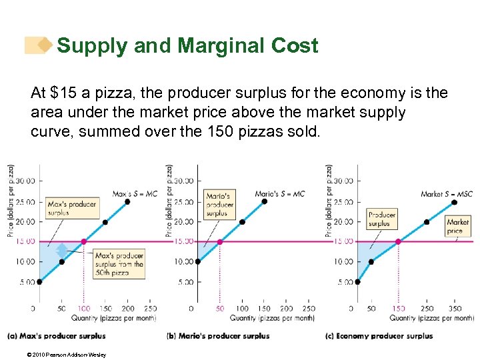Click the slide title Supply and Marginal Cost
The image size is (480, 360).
point(187,46)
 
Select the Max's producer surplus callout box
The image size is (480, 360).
point(72,208)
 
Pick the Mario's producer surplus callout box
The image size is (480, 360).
point(220,205)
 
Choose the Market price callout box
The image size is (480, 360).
point(458,226)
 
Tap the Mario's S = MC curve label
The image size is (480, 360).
point(279,194)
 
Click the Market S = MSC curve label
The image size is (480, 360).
point(447,194)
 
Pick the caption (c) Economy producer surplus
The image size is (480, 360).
point(379,335)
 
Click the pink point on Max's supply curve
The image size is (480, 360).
point(83,241)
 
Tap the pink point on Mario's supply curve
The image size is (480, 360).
point(220,241)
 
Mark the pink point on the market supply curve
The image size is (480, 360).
point(398,241)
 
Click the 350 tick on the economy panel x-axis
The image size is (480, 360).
point(455,309)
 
